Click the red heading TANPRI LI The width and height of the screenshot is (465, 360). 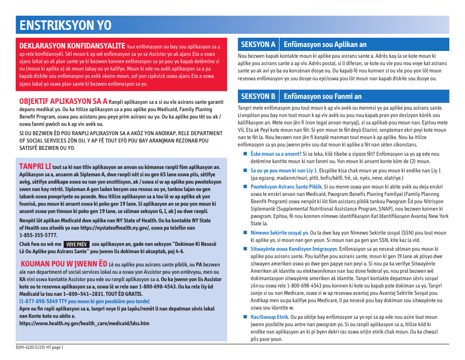click(35, 166)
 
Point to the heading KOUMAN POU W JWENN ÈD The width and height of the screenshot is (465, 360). click(64, 263)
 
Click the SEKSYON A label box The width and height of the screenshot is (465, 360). click(258, 45)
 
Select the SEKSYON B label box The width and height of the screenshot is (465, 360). click(258, 96)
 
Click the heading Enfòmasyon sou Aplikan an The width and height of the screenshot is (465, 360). click(325, 45)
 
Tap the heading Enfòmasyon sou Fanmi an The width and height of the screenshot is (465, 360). click(323, 96)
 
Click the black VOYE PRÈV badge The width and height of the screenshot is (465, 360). click(76, 244)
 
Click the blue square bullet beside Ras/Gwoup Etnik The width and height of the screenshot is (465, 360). click(246, 317)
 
